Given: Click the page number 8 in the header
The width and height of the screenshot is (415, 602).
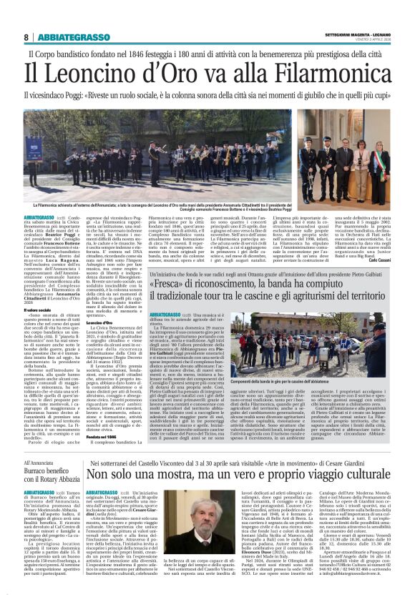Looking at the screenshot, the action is pos(26,37).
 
